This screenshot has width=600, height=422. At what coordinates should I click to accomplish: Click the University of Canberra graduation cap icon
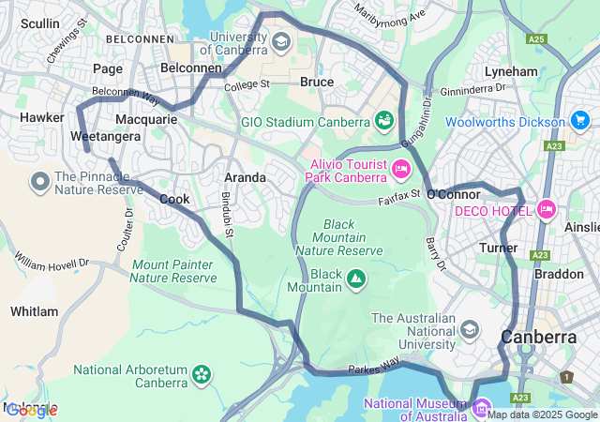click(x=281, y=42)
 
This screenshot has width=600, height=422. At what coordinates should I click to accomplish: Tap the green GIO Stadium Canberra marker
click(x=383, y=121)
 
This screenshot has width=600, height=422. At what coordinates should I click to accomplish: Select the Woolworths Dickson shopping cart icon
click(x=579, y=122)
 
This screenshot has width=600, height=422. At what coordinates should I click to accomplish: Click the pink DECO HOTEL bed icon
click(x=547, y=210)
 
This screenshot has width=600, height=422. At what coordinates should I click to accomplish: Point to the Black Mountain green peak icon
click(x=356, y=278)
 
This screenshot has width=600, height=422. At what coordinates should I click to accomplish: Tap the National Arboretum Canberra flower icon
click(x=201, y=375)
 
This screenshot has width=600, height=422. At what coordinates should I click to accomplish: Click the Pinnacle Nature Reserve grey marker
click(x=40, y=181)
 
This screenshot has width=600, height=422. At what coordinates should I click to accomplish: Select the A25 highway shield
click(x=536, y=39)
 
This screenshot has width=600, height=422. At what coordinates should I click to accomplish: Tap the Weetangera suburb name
click(x=105, y=136)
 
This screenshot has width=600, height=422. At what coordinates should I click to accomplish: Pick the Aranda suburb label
click(x=245, y=177)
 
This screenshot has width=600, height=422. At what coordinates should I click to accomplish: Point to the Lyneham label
click(x=511, y=71)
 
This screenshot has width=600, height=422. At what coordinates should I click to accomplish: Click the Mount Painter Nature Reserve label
click(x=173, y=271)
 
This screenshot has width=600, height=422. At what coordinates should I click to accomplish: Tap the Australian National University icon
click(x=469, y=329)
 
